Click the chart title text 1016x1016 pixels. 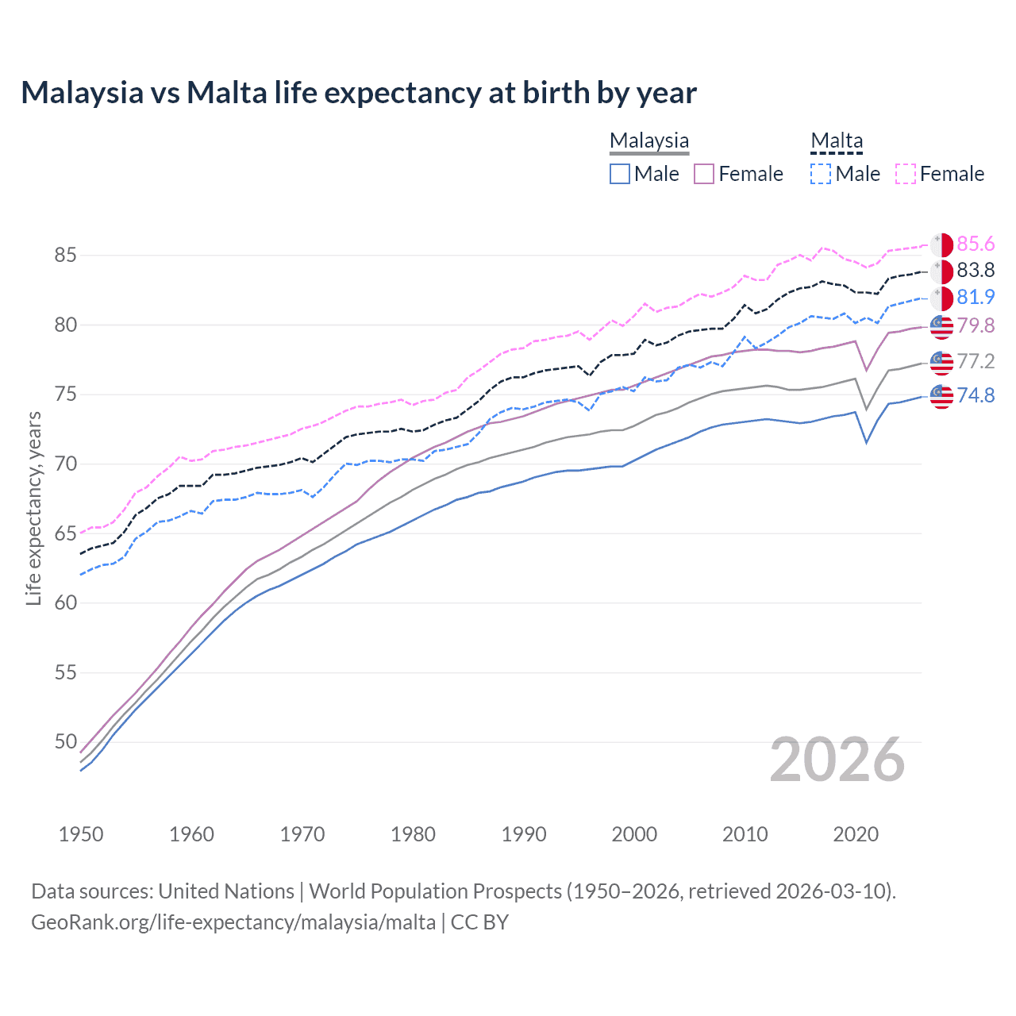359,93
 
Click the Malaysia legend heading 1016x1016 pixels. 649,140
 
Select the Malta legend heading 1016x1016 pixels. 837,140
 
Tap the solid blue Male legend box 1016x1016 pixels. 620,174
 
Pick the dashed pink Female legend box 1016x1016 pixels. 906,174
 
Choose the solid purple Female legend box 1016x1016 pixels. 704,174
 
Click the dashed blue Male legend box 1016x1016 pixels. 821,174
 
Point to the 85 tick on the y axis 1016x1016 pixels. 65,256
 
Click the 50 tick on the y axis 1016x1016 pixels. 65,742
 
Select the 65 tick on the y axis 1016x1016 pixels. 65,533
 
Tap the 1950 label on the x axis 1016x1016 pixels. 81,834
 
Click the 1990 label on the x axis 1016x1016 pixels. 524,834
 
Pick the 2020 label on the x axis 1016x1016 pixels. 856,834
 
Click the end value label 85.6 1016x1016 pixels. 976,244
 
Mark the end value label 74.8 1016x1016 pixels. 976,395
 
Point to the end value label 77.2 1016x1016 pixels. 976,362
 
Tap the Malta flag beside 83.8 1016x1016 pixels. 941,271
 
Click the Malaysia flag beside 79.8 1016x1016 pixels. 941,326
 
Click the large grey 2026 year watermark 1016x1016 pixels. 837,760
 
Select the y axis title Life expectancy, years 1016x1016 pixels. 33,508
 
